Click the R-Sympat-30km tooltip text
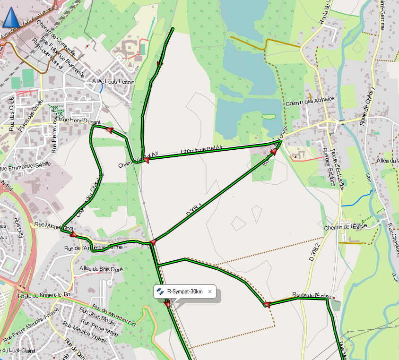point(185,291)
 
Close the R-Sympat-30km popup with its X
point(210,291)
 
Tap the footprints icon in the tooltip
point(161,291)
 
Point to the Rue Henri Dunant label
point(81,121)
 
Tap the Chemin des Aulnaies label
point(310,100)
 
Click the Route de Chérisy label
point(367,106)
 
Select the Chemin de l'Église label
point(349,228)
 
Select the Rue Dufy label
point(18,227)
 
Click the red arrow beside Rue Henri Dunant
point(110,130)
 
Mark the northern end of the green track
point(172,29)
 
